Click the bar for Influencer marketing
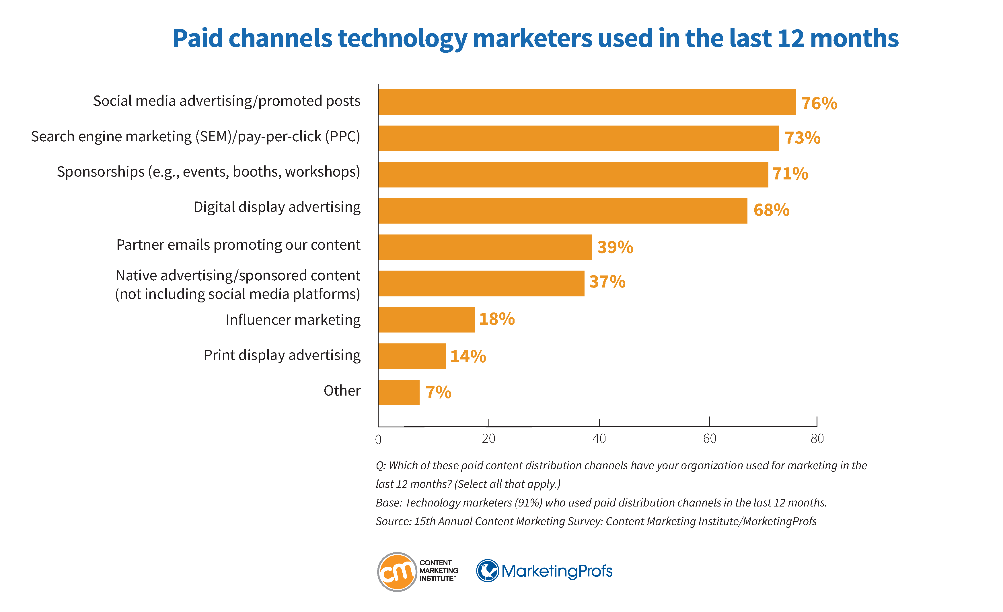tap(426, 320)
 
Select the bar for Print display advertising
tap(412, 356)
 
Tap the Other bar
tap(398, 392)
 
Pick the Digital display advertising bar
tap(562, 211)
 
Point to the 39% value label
tap(615, 247)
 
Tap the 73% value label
tap(802, 138)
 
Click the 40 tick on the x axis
tap(599, 439)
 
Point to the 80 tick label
tap(817, 439)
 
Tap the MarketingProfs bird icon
tap(487, 570)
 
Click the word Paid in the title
tap(197, 39)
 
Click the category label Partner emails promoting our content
tap(238, 245)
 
